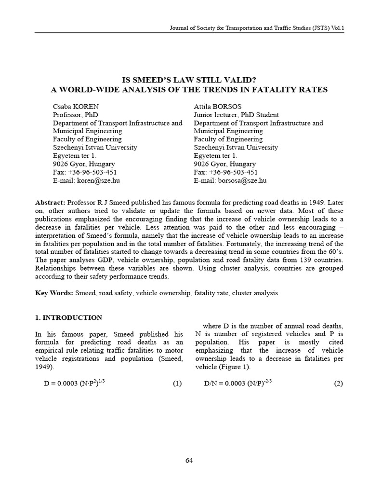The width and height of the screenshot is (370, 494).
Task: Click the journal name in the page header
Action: click(x=257, y=28)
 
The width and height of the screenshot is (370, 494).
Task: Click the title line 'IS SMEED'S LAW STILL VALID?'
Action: click(x=189, y=81)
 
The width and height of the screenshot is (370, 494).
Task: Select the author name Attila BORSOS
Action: click(x=217, y=107)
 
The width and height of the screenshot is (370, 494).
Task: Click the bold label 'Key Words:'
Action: click(x=54, y=292)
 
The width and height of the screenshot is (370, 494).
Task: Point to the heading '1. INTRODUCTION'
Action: click(x=69, y=317)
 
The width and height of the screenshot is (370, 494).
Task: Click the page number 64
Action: click(x=189, y=460)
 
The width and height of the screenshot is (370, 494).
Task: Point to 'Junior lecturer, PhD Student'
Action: click(x=236, y=115)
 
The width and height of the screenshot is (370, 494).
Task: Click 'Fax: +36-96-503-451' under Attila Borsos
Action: click(x=225, y=172)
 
